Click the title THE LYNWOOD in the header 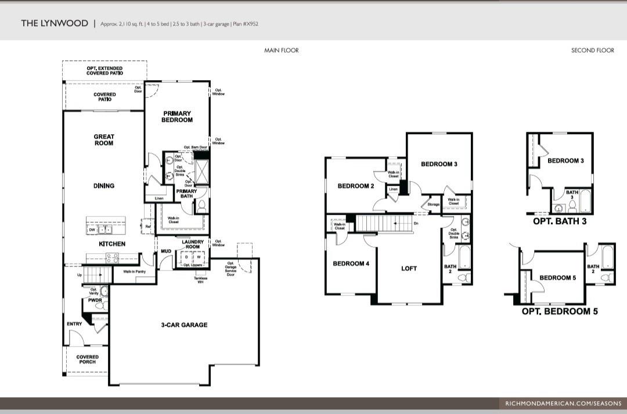pyautogui.click(x=54, y=23)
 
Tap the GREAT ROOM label pyautogui.click(x=104, y=140)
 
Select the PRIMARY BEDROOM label pyautogui.click(x=177, y=117)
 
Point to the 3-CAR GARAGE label pyautogui.click(x=184, y=325)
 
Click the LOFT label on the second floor pyautogui.click(x=409, y=268)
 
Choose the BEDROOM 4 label pyautogui.click(x=351, y=264)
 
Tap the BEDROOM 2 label pyautogui.click(x=355, y=186)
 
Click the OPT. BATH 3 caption pyautogui.click(x=559, y=221)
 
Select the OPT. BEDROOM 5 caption pyautogui.click(x=560, y=312)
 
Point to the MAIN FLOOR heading pyautogui.click(x=282, y=51)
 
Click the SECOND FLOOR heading pyautogui.click(x=592, y=51)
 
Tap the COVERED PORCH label pyautogui.click(x=87, y=360)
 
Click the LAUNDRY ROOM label pyautogui.click(x=193, y=244)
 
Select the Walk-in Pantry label pyautogui.click(x=134, y=271)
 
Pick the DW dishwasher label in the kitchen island pyautogui.click(x=92, y=230)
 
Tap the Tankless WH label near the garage pyautogui.click(x=200, y=280)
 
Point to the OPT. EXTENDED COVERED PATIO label pyautogui.click(x=105, y=71)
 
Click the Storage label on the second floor pyautogui.click(x=434, y=204)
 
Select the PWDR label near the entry pyautogui.click(x=87, y=301)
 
